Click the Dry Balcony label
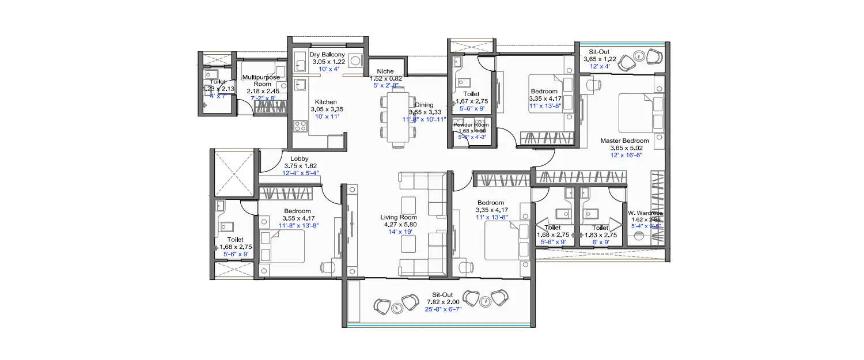(327, 55)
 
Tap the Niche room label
(385, 71)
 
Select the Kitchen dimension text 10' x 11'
(325, 116)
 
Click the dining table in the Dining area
(397, 117)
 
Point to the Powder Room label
(471, 124)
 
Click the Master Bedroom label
(624, 141)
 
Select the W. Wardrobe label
(645, 213)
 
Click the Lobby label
(298, 158)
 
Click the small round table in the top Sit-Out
(640, 56)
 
